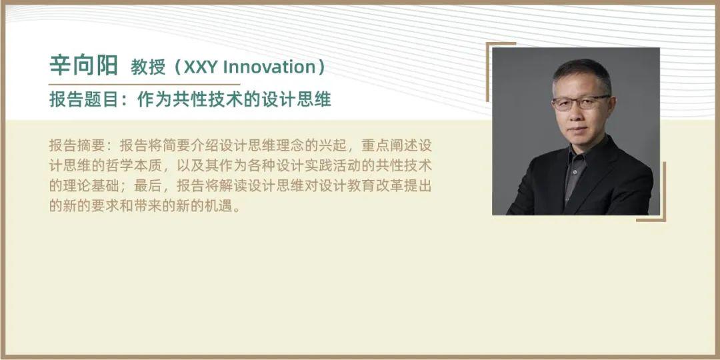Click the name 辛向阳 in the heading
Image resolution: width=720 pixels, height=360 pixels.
pyautogui.click(x=83, y=65)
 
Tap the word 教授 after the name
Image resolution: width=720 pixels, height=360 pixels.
pyautogui.click(x=148, y=67)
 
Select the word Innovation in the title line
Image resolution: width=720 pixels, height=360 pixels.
pyautogui.click(x=265, y=67)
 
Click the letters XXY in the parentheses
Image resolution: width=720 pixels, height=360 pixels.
pyautogui.click(x=201, y=67)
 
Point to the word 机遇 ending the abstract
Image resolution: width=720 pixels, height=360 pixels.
pyautogui.click(x=219, y=206)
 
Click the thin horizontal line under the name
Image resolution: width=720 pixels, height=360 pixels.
pyautogui.click(x=144, y=85)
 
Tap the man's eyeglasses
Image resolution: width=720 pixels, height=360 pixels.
pyautogui.click(x=581, y=103)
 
